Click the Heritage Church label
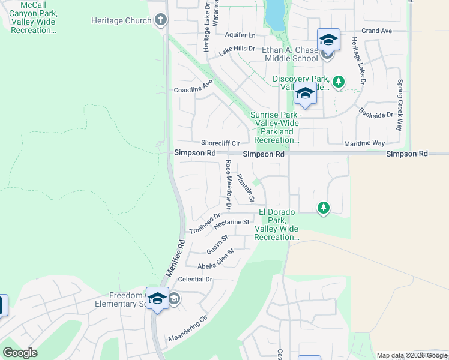121,20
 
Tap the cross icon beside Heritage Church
160,20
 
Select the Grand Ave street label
376,31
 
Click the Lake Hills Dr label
237,52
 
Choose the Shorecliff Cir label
220,143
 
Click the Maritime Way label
364,143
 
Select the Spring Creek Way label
399,105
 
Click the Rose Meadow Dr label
228,180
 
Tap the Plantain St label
246,187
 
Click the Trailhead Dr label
205,223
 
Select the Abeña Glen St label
215,263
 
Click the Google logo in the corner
20,353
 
